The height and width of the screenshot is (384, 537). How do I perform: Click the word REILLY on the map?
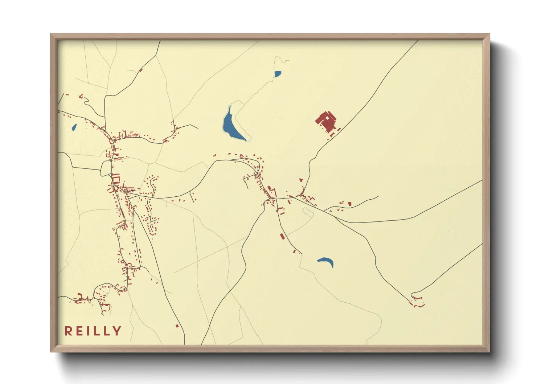click(x=93, y=331)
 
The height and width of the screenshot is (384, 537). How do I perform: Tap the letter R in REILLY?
click(x=68, y=331)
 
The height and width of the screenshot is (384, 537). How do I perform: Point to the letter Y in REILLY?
click(x=117, y=331)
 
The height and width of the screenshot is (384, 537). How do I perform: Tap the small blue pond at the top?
click(x=278, y=74)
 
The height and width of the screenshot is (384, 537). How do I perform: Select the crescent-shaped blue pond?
click(x=326, y=261)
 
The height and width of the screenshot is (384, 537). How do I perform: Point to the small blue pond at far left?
click(x=74, y=127)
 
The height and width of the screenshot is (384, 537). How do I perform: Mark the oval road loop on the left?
click(x=106, y=168)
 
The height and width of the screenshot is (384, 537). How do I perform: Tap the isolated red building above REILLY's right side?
click(x=177, y=326)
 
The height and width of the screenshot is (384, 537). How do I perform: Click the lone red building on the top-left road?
click(x=141, y=70)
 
